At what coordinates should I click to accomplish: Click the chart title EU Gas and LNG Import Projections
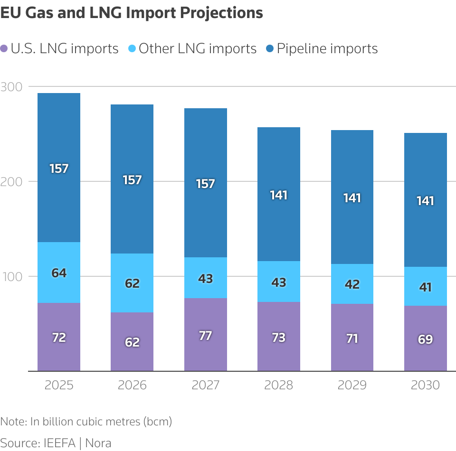pos(132,13)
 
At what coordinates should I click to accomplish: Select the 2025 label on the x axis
pos(59,385)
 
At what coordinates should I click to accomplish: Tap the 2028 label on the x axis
pos(279,385)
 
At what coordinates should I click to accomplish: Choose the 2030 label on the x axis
pos(426,385)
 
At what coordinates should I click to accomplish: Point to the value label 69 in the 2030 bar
pos(426,339)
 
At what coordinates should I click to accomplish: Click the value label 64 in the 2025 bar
pos(59,273)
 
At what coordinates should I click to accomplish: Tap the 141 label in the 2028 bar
pos(279,195)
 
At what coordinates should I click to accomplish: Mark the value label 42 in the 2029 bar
pos(352,284)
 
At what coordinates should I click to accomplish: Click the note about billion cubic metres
pos(86,421)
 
